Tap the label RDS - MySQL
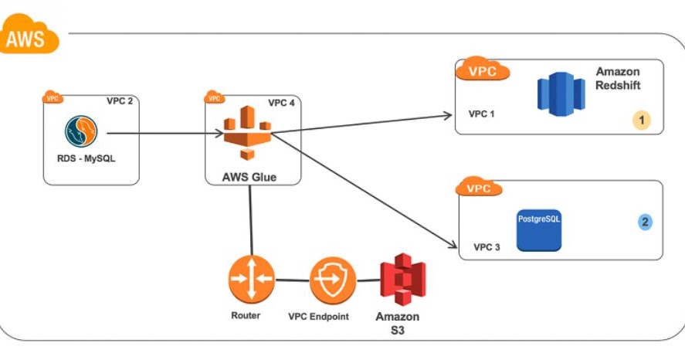82,160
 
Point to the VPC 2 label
120,100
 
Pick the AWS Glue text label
249,177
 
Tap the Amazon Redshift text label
618,78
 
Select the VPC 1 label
483,114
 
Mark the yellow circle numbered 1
640,120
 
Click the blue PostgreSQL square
539,229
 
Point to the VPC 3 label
487,247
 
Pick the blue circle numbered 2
646,222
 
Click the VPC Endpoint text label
318,317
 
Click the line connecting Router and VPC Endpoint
292,280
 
